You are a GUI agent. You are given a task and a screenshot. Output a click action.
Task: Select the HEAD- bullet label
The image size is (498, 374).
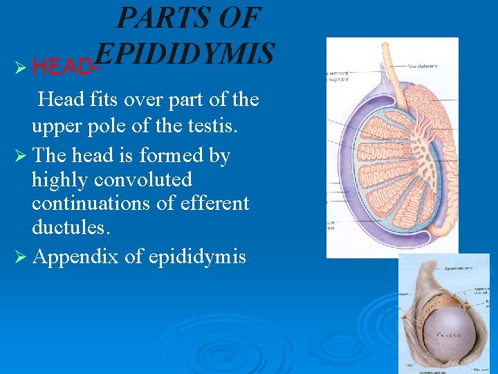point(66,67)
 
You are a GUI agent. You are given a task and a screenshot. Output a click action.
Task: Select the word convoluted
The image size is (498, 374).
point(142,180)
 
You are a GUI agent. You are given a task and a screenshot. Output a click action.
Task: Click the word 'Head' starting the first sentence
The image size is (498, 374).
point(61,100)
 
